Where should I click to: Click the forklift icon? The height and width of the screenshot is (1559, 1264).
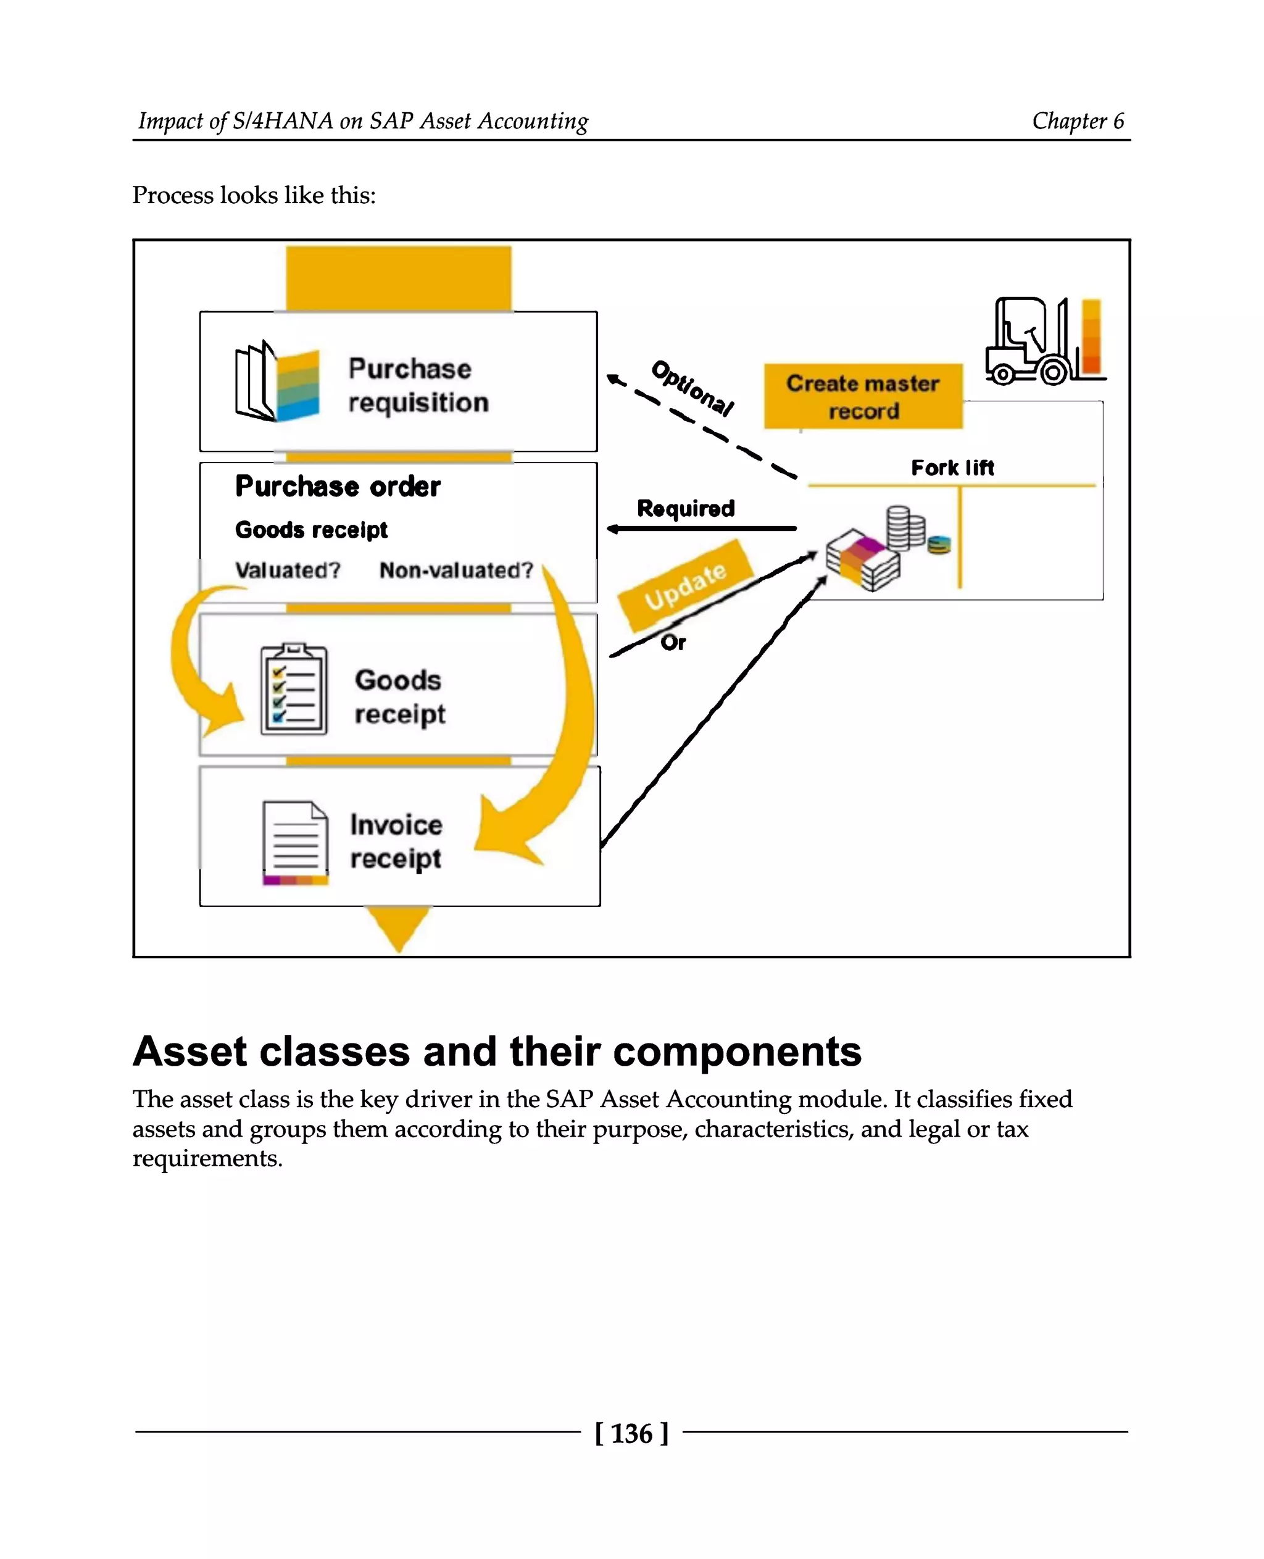point(1029,341)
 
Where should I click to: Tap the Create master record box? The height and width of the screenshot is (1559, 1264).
point(863,396)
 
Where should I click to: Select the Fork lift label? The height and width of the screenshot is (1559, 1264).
point(952,468)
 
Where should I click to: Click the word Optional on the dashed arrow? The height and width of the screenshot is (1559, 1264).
point(692,388)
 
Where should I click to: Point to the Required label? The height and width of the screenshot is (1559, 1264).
point(685,509)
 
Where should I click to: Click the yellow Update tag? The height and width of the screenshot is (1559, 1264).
point(685,586)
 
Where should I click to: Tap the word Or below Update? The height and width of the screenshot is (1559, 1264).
point(673,643)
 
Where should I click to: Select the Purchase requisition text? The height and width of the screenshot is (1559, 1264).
point(417,385)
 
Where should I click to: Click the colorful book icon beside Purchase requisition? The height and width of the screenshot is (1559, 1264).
point(276,382)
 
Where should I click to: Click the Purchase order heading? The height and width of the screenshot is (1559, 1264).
point(337,487)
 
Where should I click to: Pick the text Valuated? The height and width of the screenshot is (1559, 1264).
point(288,571)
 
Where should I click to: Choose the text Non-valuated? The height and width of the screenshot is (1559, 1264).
point(456,571)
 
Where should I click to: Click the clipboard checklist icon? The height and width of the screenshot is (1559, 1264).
point(293,689)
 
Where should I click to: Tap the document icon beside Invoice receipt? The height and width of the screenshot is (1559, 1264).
point(295,843)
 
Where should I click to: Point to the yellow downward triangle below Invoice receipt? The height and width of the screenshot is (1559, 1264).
point(398,927)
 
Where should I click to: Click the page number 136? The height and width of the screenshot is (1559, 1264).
point(631,1434)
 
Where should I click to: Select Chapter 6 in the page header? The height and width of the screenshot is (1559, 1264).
point(1078,121)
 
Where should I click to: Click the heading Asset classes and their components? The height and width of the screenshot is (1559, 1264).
point(497,1051)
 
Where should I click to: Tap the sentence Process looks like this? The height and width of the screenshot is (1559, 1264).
point(254,195)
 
